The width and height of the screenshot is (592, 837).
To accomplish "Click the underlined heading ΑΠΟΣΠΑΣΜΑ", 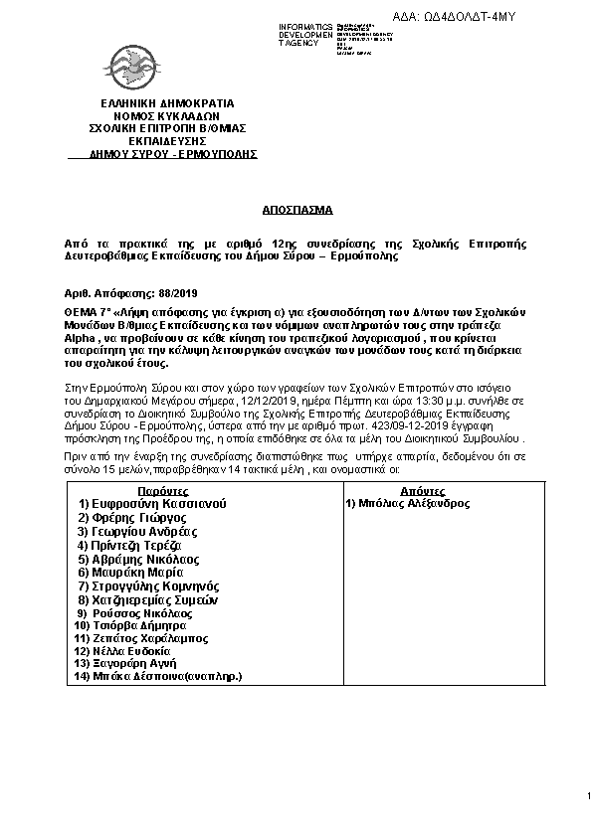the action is (x=296, y=211).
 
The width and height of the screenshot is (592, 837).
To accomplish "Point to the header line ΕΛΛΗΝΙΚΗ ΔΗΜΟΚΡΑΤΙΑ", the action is (x=166, y=102).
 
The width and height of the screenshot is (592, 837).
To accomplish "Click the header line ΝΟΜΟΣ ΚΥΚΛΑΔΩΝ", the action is (x=166, y=115).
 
